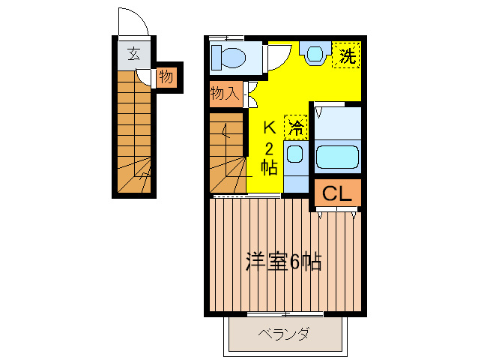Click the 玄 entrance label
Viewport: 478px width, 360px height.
(x=133, y=53)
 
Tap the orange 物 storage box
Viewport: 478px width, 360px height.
(x=166, y=76)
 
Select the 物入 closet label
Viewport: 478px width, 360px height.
(x=225, y=93)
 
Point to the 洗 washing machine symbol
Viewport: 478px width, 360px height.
(x=346, y=55)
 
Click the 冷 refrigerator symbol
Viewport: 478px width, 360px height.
(x=296, y=127)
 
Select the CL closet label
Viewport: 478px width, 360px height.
(x=337, y=193)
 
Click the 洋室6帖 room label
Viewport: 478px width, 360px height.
(x=284, y=262)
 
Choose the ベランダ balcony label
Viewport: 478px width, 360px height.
(x=284, y=334)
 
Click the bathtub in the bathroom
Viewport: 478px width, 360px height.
(x=337, y=156)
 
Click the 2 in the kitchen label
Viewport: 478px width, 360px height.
(x=269, y=147)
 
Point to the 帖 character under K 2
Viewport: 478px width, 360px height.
(x=269, y=166)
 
